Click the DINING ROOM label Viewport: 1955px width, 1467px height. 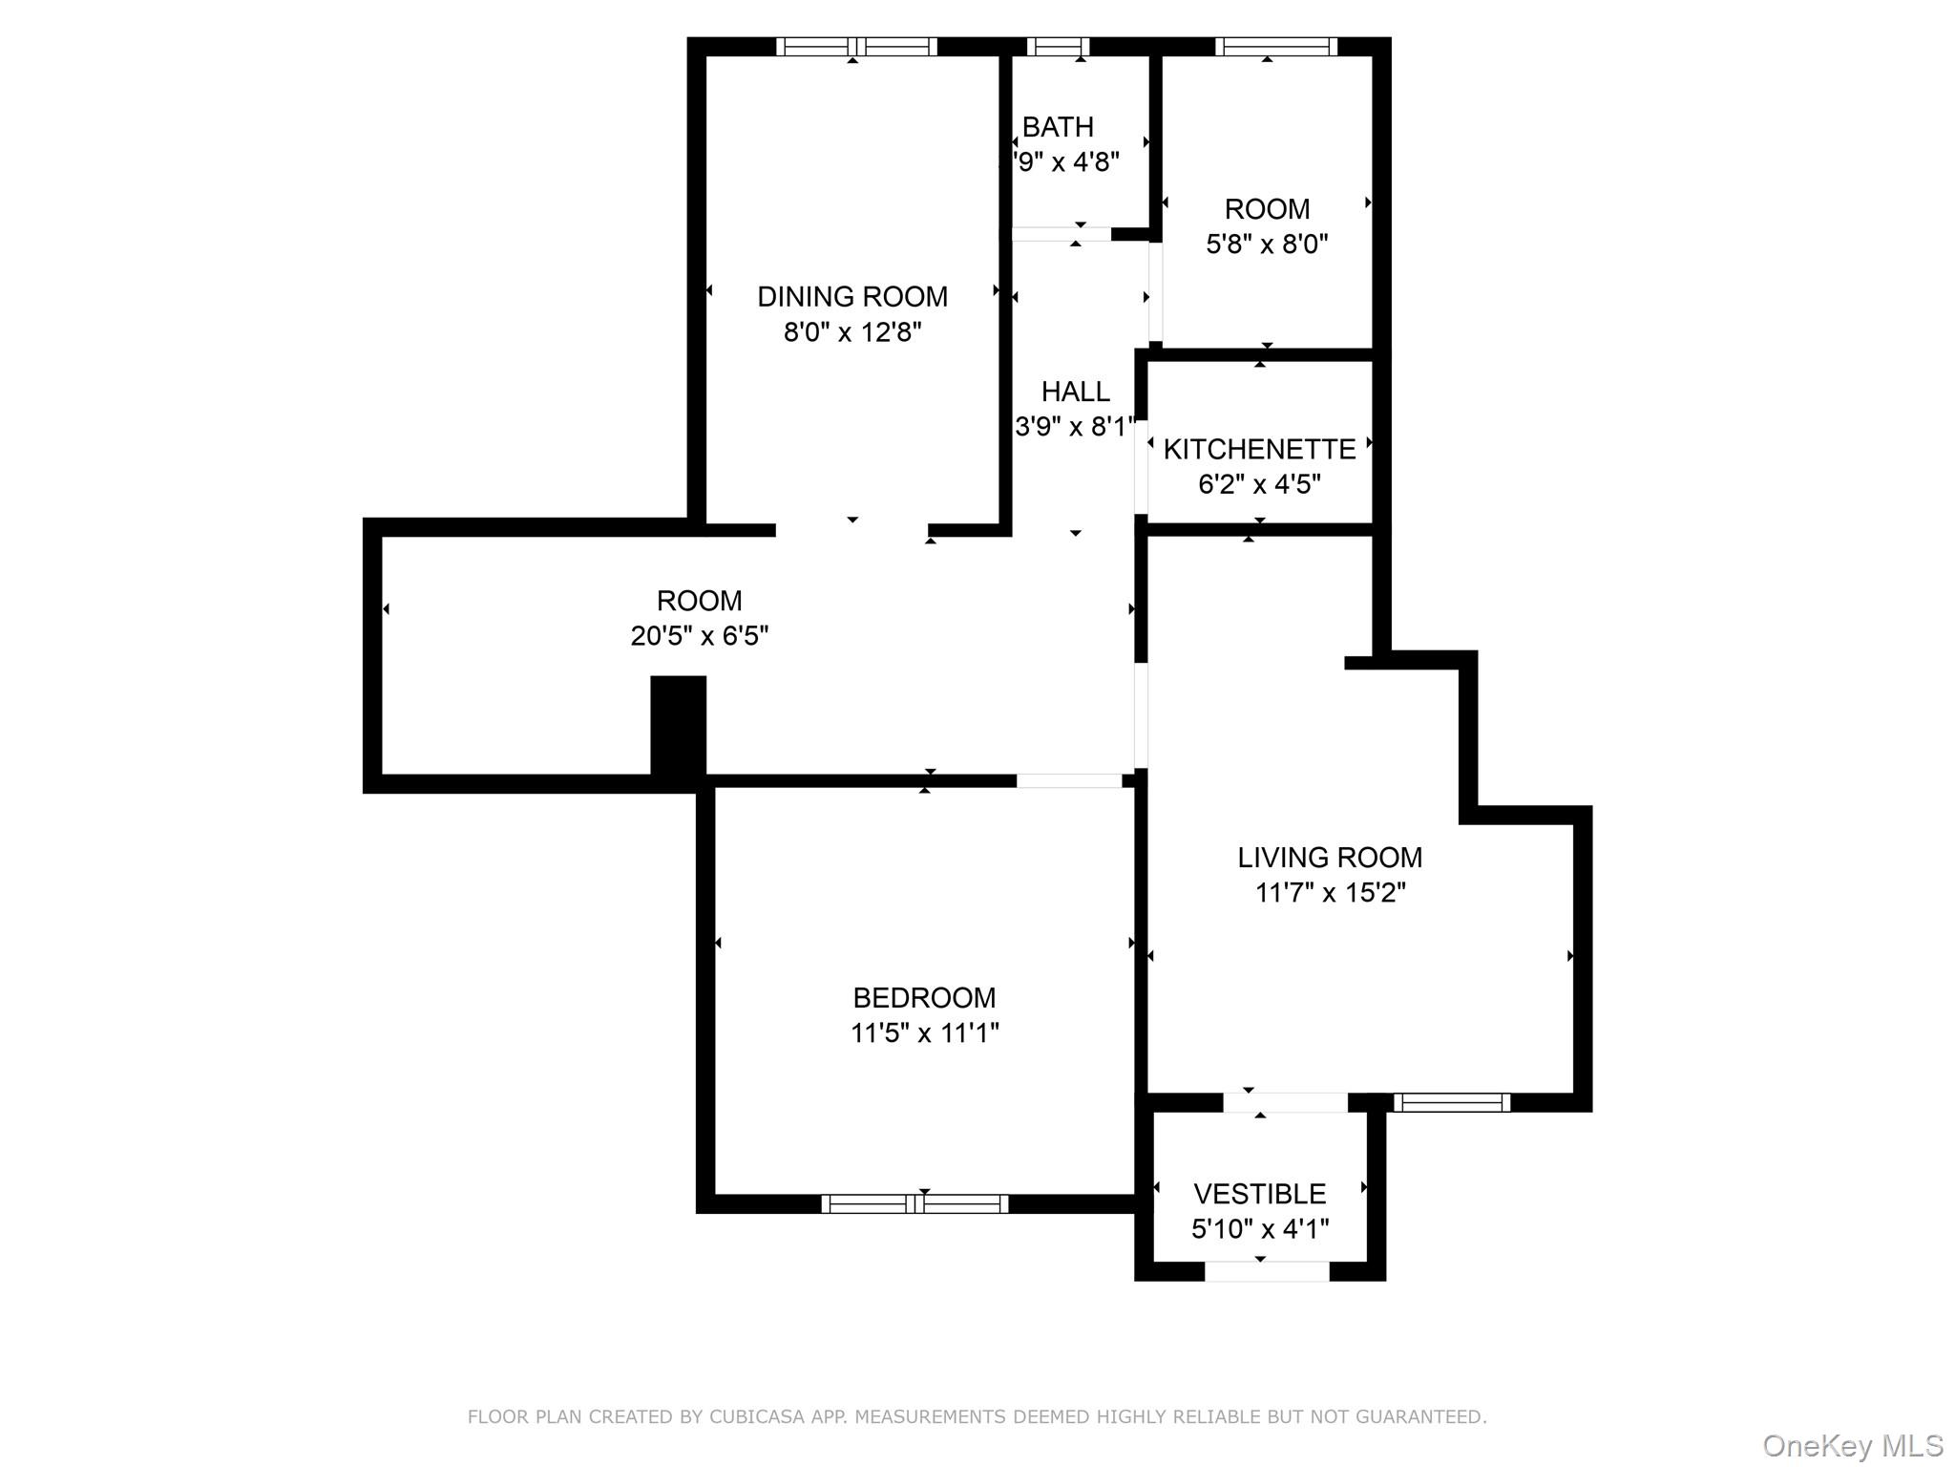pyautogui.click(x=851, y=297)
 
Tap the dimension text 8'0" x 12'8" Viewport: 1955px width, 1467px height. pyautogui.click(x=851, y=332)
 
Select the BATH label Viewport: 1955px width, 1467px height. pyautogui.click(x=1058, y=127)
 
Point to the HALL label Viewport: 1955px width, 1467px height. pyautogui.click(x=1075, y=392)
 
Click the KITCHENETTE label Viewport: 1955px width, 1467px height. pyautogui.click(x=1259, y=449)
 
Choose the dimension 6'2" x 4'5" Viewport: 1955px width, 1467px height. pyautogui.click(x=1259, y=484)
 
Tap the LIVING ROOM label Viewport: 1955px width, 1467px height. pyautogui.click(x=1330, y=858)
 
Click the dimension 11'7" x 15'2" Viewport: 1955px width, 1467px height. pyautogui.click(x=1330, y=893)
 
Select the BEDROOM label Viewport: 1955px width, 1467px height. pyautogui.click(x=924, y=998)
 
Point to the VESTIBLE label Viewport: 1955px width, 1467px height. pyautogui.click(x=1259, y=1194)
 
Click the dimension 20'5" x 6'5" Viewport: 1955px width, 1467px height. pyautogui.click(x=699, y=636)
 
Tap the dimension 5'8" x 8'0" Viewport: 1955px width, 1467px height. pyautogui.click(x=1267, y=244)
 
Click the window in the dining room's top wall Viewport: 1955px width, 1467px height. pyautogui.click(x=856, y=47)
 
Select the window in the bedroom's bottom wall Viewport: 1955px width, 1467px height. pyautogui.click(x=914, y=1203)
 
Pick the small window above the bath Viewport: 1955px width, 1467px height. pyautogui.click(x=1058, y=47)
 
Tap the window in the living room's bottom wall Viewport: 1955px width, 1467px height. pyautogui.click(x=1451, y=1103)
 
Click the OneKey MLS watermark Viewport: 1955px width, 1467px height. pyautogui.click(x=1852, y=1445)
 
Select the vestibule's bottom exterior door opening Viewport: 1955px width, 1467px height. pyautogui.click(x=1266, y=1271)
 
